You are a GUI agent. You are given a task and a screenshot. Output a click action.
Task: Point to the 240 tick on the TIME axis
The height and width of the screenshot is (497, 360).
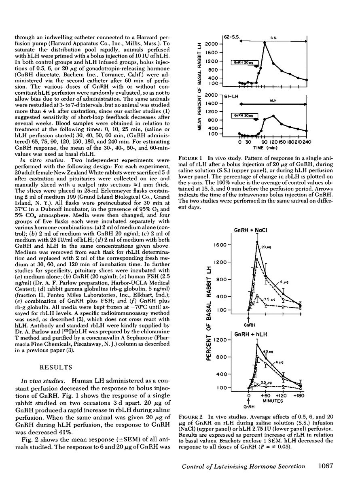coord(307,142)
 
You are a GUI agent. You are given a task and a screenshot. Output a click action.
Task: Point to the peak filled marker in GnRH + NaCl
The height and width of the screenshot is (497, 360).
coord(257,242)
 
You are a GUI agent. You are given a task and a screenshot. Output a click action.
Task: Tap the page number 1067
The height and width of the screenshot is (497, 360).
coord(325,478)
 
